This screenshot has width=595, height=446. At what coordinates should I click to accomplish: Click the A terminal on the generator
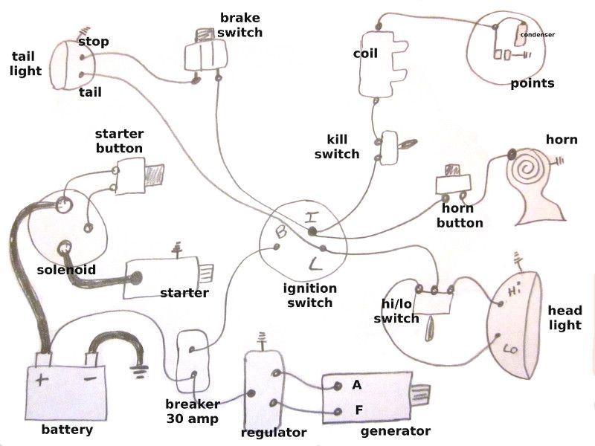[357, 385]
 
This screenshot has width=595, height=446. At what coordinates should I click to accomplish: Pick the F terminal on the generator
[357, 410]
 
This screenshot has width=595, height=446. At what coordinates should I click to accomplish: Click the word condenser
[537, 34]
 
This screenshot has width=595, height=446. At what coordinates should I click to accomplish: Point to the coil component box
[382, 65]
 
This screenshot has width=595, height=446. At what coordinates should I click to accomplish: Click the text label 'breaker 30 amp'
[193, 411]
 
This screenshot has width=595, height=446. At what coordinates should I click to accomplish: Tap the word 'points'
[532, 83]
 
